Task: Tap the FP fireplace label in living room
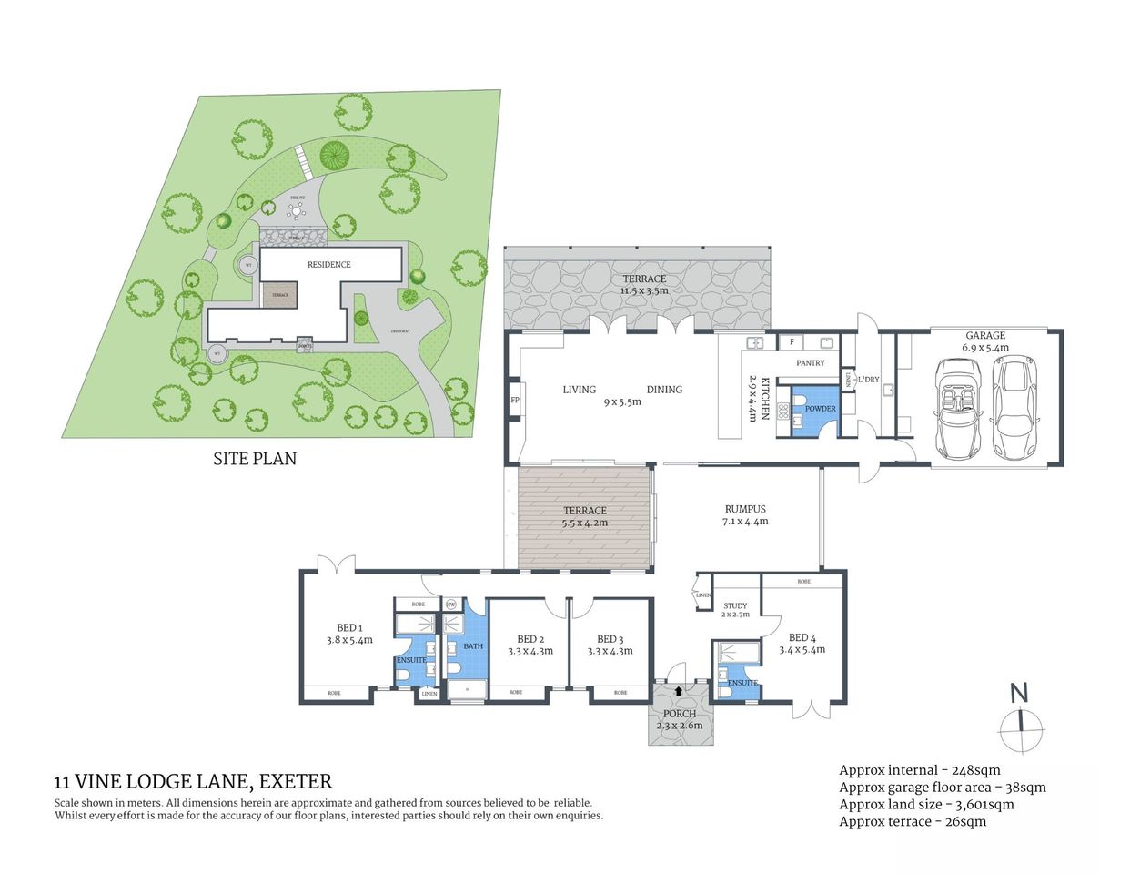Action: [514, 400]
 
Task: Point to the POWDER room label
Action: [820, 409]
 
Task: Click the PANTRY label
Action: [810, 362]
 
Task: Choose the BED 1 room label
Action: [349, 627]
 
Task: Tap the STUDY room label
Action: [735, 605]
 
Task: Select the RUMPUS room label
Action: [745, 509]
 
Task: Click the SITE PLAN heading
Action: [255, 459]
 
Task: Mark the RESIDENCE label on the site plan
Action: [328, 264]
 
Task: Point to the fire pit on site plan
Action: [297, 210]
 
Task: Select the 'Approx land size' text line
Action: [926, 804]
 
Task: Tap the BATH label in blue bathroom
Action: [473, 646]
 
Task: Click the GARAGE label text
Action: [985, 335]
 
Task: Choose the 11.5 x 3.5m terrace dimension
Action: [644, 290]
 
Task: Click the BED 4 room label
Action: [802, 637]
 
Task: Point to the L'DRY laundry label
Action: [867, 379]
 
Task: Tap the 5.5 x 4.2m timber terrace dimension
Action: [584, 523]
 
